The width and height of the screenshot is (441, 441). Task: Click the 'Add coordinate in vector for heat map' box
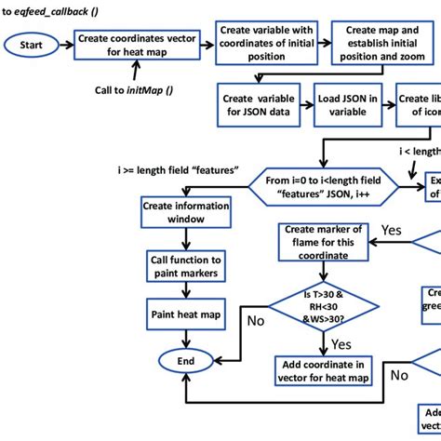pyautogui.click(x=322, y=368)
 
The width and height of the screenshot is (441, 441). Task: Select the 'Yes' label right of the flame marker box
pyautogui.click(x=391, y=229)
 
